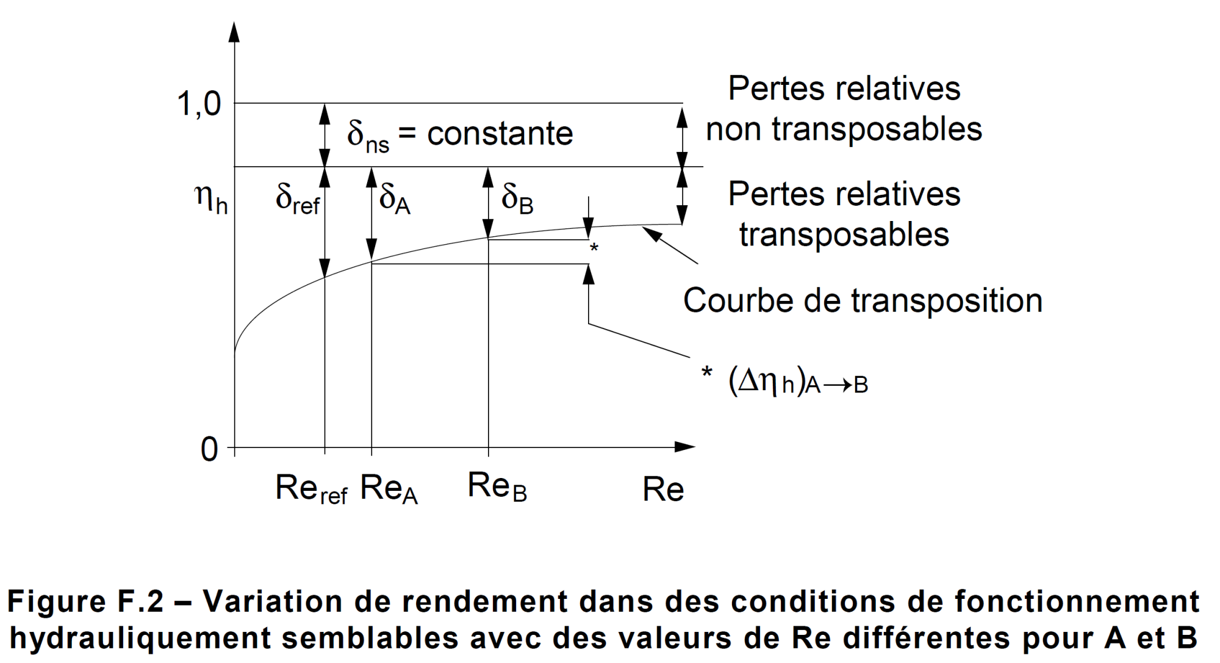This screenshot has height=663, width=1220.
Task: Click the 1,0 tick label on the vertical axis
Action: click(x=199, y=104)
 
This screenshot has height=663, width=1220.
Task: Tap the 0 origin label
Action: click(x=209, y=450)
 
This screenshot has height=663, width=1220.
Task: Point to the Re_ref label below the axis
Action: click(x=311, y=489)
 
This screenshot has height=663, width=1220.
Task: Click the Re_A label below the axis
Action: click(x=389, y=489)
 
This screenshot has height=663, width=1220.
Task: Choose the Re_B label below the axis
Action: click(x=497, y=487)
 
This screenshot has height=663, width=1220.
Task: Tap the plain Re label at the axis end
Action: click(x=663, y=489)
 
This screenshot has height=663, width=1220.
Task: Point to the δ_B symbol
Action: click(x=517, y=198)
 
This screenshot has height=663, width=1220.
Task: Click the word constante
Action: click(x=500, y=134)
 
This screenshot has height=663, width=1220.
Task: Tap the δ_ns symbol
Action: click(x=368, y=136)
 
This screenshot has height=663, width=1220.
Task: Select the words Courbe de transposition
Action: click(x=863, y=300)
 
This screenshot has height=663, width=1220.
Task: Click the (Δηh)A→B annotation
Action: click(x=797, y=383)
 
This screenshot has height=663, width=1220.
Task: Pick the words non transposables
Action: click(x=844, y=129)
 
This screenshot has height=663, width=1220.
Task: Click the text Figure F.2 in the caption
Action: click(x=85, y=601)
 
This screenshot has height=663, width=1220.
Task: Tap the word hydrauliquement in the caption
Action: click(x=140, y=638)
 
